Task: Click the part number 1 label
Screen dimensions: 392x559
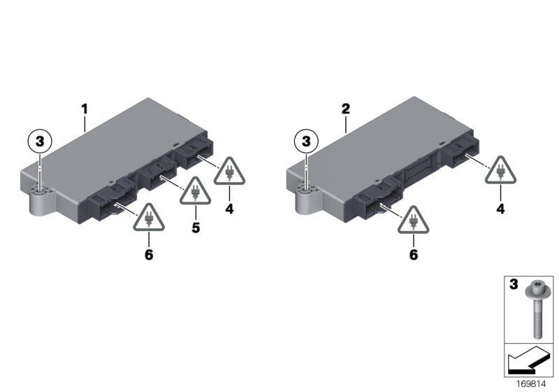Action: tap(84, 109)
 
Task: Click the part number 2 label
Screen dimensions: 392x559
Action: tap(345, 109)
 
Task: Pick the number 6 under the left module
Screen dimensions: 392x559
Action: tap(148, 255)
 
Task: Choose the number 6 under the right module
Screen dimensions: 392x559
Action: tap(413, 255)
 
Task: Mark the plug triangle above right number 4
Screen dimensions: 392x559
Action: tap(501, 173)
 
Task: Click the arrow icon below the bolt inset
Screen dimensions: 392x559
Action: tap(528, 363)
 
